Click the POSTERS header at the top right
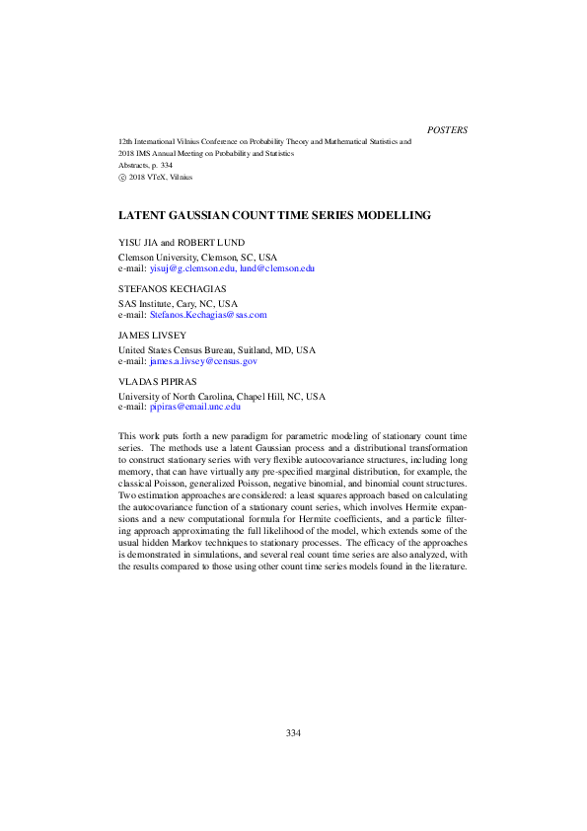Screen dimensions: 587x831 click(448, 129)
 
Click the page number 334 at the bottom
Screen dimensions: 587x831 click(293, 733)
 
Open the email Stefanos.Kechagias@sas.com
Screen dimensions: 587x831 click(207, 315)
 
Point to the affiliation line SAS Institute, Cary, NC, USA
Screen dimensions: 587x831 click(179, 304)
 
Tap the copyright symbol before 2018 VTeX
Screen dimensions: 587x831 click(122, 178)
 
